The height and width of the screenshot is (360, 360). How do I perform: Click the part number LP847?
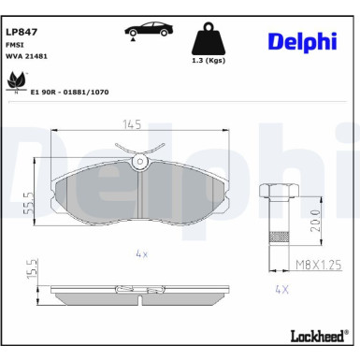pyautogui.click(x=22, y=32)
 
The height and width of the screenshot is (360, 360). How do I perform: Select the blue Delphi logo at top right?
pyautogui.click(x=302, y=42)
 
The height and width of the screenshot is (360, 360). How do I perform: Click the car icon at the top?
pyautogui.click(x=149, y=30)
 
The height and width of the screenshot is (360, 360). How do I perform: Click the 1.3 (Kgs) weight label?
pyautogui.click(x=209, y=61)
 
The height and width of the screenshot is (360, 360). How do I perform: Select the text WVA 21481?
pyautogui.click(x=26, y=56)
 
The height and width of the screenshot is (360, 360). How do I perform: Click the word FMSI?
pyautogui.click(x=15, y=45)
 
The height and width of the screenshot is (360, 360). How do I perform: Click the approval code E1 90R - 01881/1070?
pyautogui.click(x=69, y=92)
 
